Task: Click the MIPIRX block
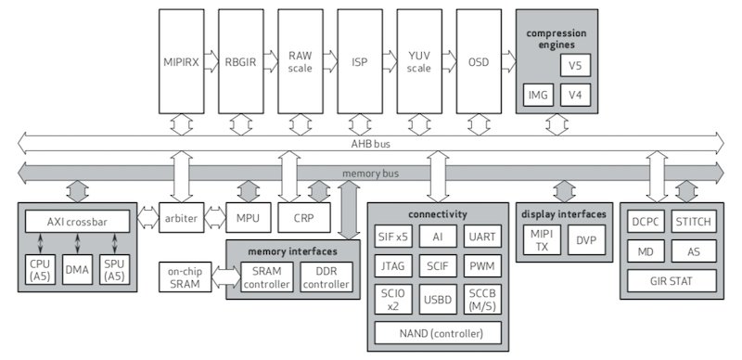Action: click(x=182, y=62)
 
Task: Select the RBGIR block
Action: click(x=240, y=62)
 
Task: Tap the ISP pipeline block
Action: click(x=359, y=62)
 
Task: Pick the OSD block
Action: click(x=479, y=62)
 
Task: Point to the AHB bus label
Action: click(x=370, y=142)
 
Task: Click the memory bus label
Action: click(x=370, y=173)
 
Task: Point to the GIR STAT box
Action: click(x=673, y=280)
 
